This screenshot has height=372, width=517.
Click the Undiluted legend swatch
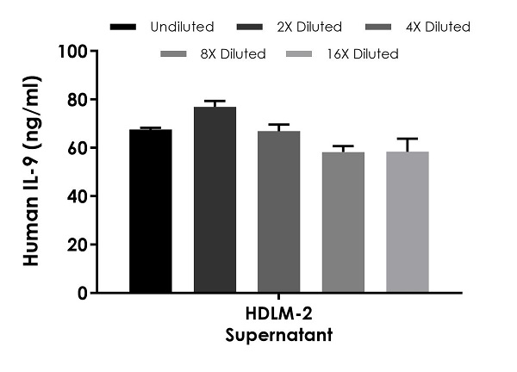tap(125, 27)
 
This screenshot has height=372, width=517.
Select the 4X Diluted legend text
tap(438, 27)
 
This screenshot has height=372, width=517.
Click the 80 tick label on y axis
tap(77, 100)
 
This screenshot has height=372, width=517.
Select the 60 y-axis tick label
tap(77, 148)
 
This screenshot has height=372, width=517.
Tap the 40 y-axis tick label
tap(77, 196)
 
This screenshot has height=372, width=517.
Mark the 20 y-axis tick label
tap(77, 245)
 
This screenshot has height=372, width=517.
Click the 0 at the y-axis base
tap(82, 293)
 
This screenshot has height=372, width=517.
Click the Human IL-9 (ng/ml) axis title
tap(33, 172)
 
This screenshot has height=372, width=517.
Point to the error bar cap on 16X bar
tap(408, 139)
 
